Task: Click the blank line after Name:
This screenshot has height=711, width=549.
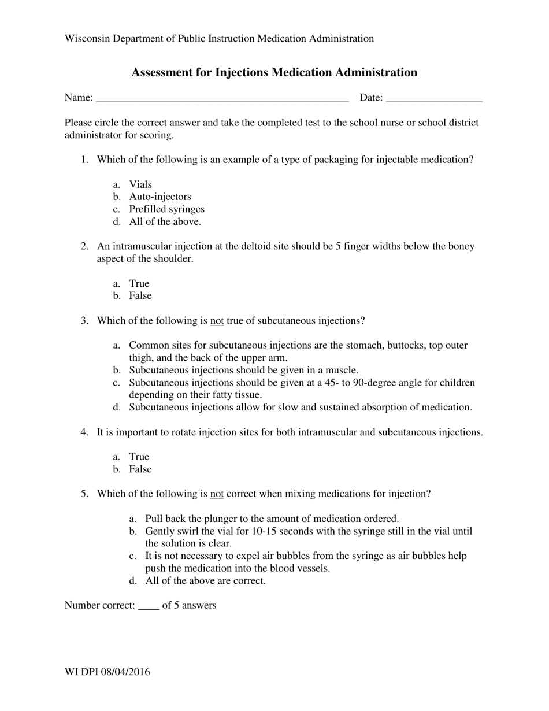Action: click(222, 98)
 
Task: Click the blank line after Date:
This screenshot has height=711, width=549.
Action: click(433, 98)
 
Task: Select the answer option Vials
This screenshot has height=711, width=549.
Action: click(140, 184)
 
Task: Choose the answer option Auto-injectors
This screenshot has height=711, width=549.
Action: click(160, 197)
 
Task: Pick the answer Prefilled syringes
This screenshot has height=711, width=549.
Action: click(166, 209)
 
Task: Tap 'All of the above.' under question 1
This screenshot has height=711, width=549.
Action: click(165, 221)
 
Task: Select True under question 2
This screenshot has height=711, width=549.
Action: click(139, 283)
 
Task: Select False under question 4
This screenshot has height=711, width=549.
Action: click(140, 469)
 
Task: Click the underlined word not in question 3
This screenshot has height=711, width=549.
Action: click(217, 321)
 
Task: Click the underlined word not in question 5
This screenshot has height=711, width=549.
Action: click(217, 494)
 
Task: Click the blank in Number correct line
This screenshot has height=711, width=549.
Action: click(149, 606)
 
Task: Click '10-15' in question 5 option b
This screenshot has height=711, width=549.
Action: click(264, 531)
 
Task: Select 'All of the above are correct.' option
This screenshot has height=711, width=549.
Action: click(205, 581)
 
